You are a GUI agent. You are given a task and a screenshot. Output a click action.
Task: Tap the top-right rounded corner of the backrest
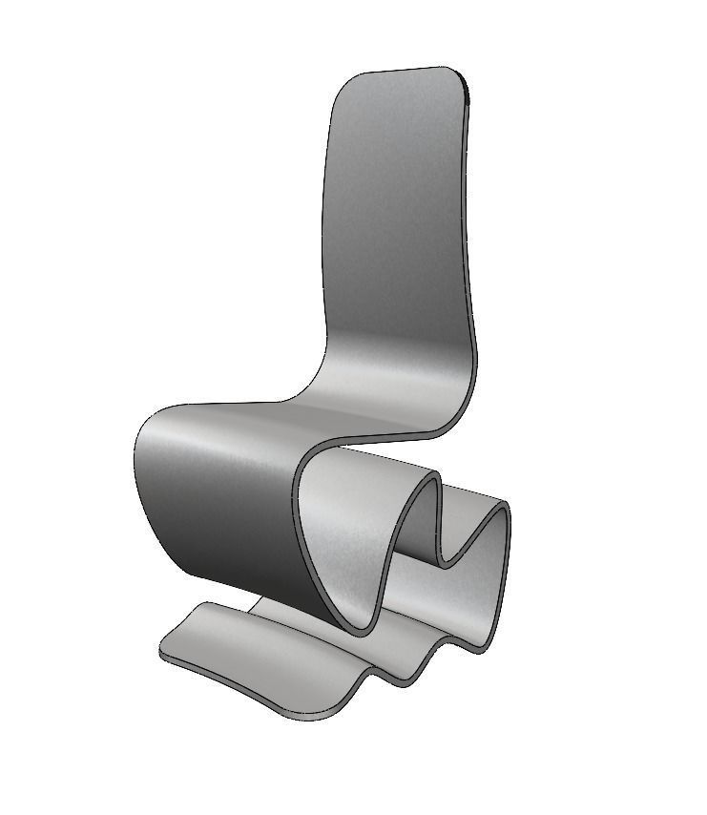(x=459, y=76)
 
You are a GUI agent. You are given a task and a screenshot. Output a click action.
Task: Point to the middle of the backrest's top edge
(x=401, y=71)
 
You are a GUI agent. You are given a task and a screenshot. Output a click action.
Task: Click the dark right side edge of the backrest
(x=471, y=239)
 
